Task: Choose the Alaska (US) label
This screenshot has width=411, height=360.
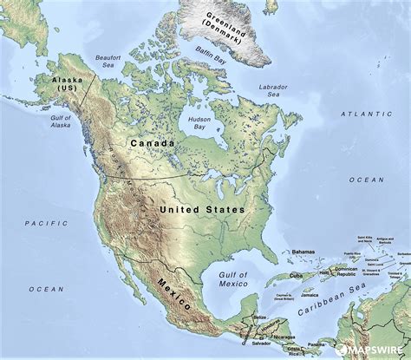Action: pyautogui.click(x=65, y=84)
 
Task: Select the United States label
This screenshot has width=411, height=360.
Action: pyautogui.click(x=203, y=209)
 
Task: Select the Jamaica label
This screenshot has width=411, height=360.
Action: pyautogui.click(x=309, y=295)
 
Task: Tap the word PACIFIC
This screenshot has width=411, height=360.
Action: pyautogui.click(x=40, y=223)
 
